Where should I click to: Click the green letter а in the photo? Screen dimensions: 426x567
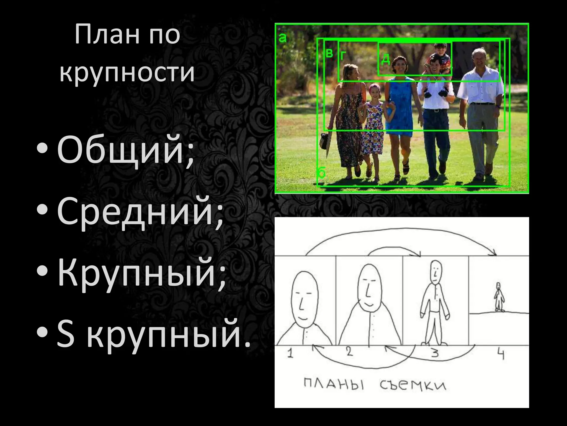click(282, 37)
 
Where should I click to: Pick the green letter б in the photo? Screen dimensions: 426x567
click(321, 173)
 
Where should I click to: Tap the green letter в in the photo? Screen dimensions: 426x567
click(329, 53)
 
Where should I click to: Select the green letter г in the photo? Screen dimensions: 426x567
click(343, 55)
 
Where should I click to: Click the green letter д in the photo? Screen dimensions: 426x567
click(386, 59)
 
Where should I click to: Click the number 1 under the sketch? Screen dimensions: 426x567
click(290, 354)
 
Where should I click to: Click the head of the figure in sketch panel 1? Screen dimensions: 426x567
click(304, 298)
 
